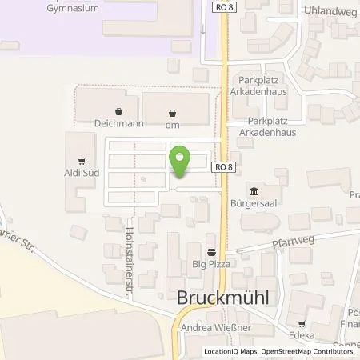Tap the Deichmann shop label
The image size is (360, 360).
[x=118, y=125]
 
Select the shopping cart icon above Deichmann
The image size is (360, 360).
[x=118, y=112]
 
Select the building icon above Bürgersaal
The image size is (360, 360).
[x=254, y=190]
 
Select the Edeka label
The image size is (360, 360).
[x=302, y=338]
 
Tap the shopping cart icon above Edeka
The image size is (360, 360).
[x=302, y=325]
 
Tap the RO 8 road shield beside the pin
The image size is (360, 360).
[x=224, y=166]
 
